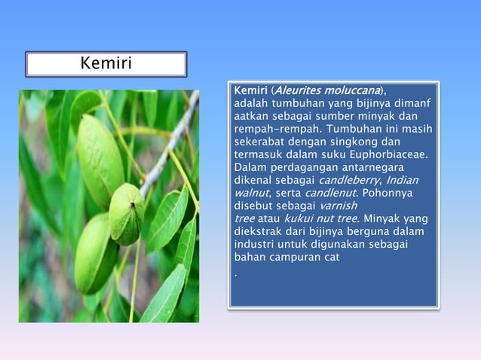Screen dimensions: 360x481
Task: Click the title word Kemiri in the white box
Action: pyautogui.click(x=106, y=63)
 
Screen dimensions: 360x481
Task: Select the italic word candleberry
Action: pyautogui.click(x=350, y=180)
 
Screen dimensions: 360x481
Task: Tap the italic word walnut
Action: pyautogui.click(x=251, y=193)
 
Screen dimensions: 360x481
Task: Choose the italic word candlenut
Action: pyautogui.click(x=330, y=193)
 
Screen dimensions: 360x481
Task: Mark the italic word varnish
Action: pyautogui.click(x=339, y=206)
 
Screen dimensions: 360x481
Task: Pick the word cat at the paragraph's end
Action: pyautogui.click(x=331, y=257)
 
